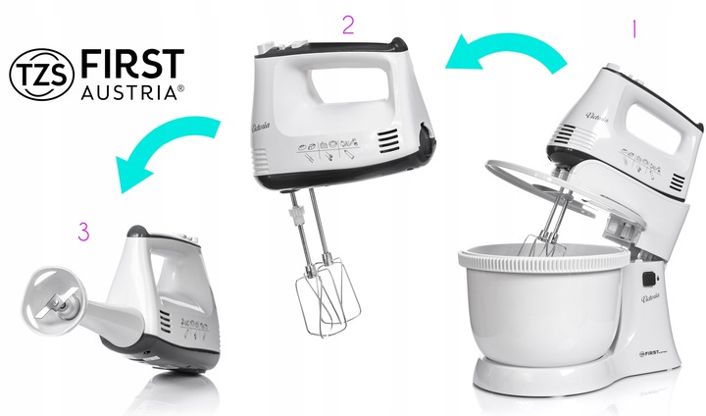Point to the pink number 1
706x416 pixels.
[x=634, y=30]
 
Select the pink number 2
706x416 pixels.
[x=347, y=25]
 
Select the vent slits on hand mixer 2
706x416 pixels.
[x=389, y=142]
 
